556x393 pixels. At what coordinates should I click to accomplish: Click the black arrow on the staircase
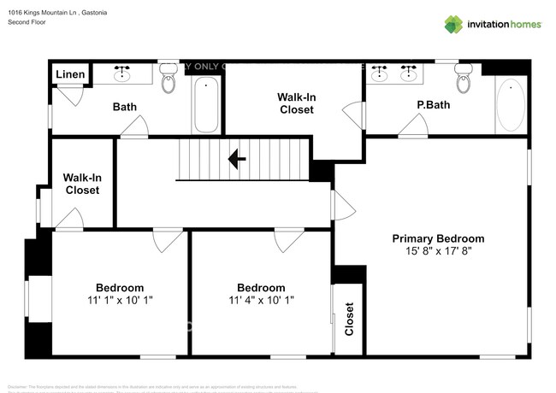point(237,158)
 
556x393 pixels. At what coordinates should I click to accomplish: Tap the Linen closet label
point(70,75)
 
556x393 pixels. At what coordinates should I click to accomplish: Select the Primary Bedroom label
point(438,238)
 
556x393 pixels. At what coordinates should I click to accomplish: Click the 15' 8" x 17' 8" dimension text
point(438,251)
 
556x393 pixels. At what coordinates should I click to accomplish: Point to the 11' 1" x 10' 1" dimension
point(120,300)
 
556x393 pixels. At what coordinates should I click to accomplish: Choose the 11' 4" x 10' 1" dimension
point(261,300)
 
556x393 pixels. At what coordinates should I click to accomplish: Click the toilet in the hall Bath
point(169,79)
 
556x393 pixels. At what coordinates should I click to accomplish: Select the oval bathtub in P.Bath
point(511,105)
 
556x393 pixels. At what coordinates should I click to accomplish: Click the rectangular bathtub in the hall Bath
point(205,106)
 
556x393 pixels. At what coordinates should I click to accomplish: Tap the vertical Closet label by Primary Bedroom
point(349,320)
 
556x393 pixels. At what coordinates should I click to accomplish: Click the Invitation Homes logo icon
point(453,24)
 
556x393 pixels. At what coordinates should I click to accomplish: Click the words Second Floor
point(28,22)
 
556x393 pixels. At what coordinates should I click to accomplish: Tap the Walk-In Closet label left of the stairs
point(82,184)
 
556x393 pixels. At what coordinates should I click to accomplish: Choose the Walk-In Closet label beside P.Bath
point(296,103)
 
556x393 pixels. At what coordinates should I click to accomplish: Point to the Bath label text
point(126,107)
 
